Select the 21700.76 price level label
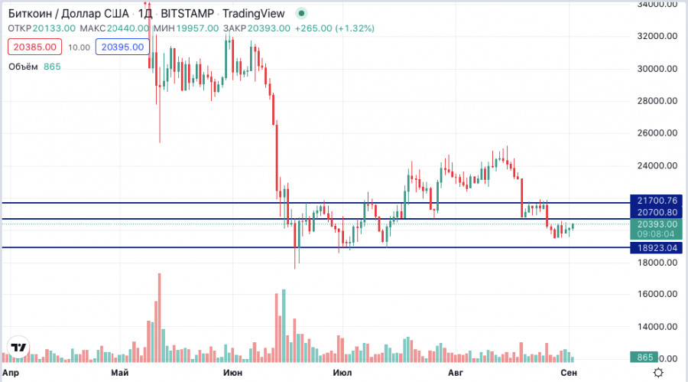point(657,201)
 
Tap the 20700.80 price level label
point(657,212)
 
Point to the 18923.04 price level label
point(657,248)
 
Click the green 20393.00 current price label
point(657,224)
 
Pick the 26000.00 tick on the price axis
point(657,133)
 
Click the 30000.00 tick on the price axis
point(657,68)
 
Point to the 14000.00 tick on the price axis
point(657,327)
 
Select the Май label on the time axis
point(119,373)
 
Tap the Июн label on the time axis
point(230,373)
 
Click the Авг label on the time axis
point(456,373)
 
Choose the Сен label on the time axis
point(568,373)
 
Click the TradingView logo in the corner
point(18,348)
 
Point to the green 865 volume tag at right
point(645,358)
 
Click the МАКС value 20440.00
point(128,28)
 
